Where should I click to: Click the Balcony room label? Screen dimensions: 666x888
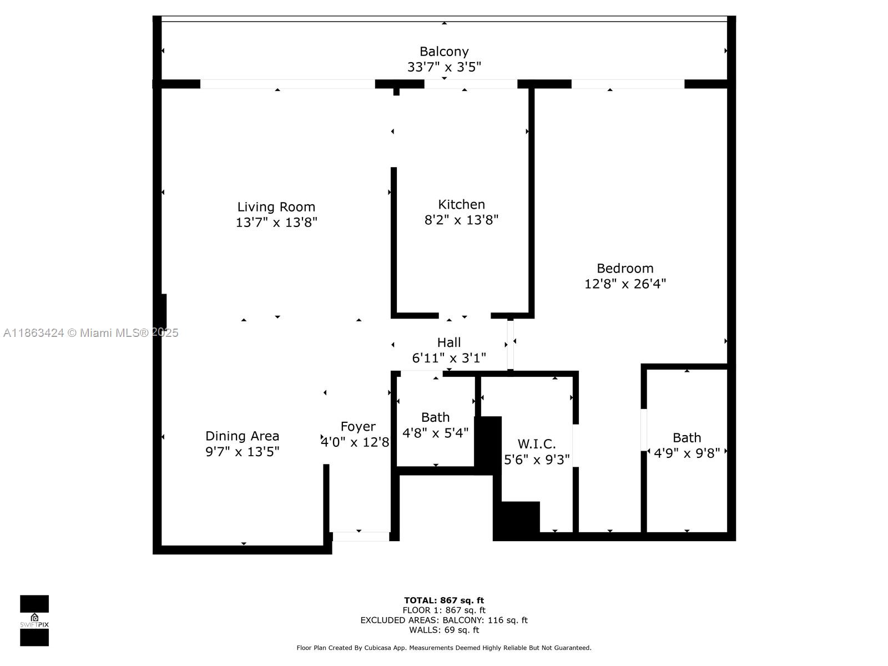[x=444, y=52]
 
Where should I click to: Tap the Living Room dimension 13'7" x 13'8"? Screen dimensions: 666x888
[x=276, y=223]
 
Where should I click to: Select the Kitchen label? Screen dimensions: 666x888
[x=461, y=204]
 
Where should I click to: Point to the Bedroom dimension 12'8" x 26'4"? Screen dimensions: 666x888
[x=625, y=284]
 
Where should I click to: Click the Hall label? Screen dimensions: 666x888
[x=448, y=342]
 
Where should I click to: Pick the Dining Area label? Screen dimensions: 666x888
[x=242, y=436]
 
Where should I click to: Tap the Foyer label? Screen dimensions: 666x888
[x=358, y=427]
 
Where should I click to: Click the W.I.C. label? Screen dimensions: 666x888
[x=537, y=444]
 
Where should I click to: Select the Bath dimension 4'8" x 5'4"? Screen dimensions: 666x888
[x=436, y=433]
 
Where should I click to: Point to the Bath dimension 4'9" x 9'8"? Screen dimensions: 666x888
[x=687, y=453]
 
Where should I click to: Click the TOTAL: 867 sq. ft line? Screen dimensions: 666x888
[x=444, y=601]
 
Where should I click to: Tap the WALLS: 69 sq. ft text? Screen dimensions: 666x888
[x=444, y=630]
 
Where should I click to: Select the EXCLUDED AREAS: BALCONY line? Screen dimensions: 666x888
[x=444, y=620]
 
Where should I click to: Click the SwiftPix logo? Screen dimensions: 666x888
[x=34, y=620]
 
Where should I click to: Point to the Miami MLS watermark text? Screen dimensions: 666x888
[x=90, y=333]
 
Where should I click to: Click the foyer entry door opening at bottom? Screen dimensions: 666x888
[x=361, y=537]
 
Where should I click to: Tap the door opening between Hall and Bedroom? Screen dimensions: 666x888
[x=510, y=344]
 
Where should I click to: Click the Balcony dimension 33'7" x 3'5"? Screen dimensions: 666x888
[x=444, y=67]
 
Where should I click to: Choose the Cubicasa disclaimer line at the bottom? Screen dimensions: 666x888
[x=444, y=648]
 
